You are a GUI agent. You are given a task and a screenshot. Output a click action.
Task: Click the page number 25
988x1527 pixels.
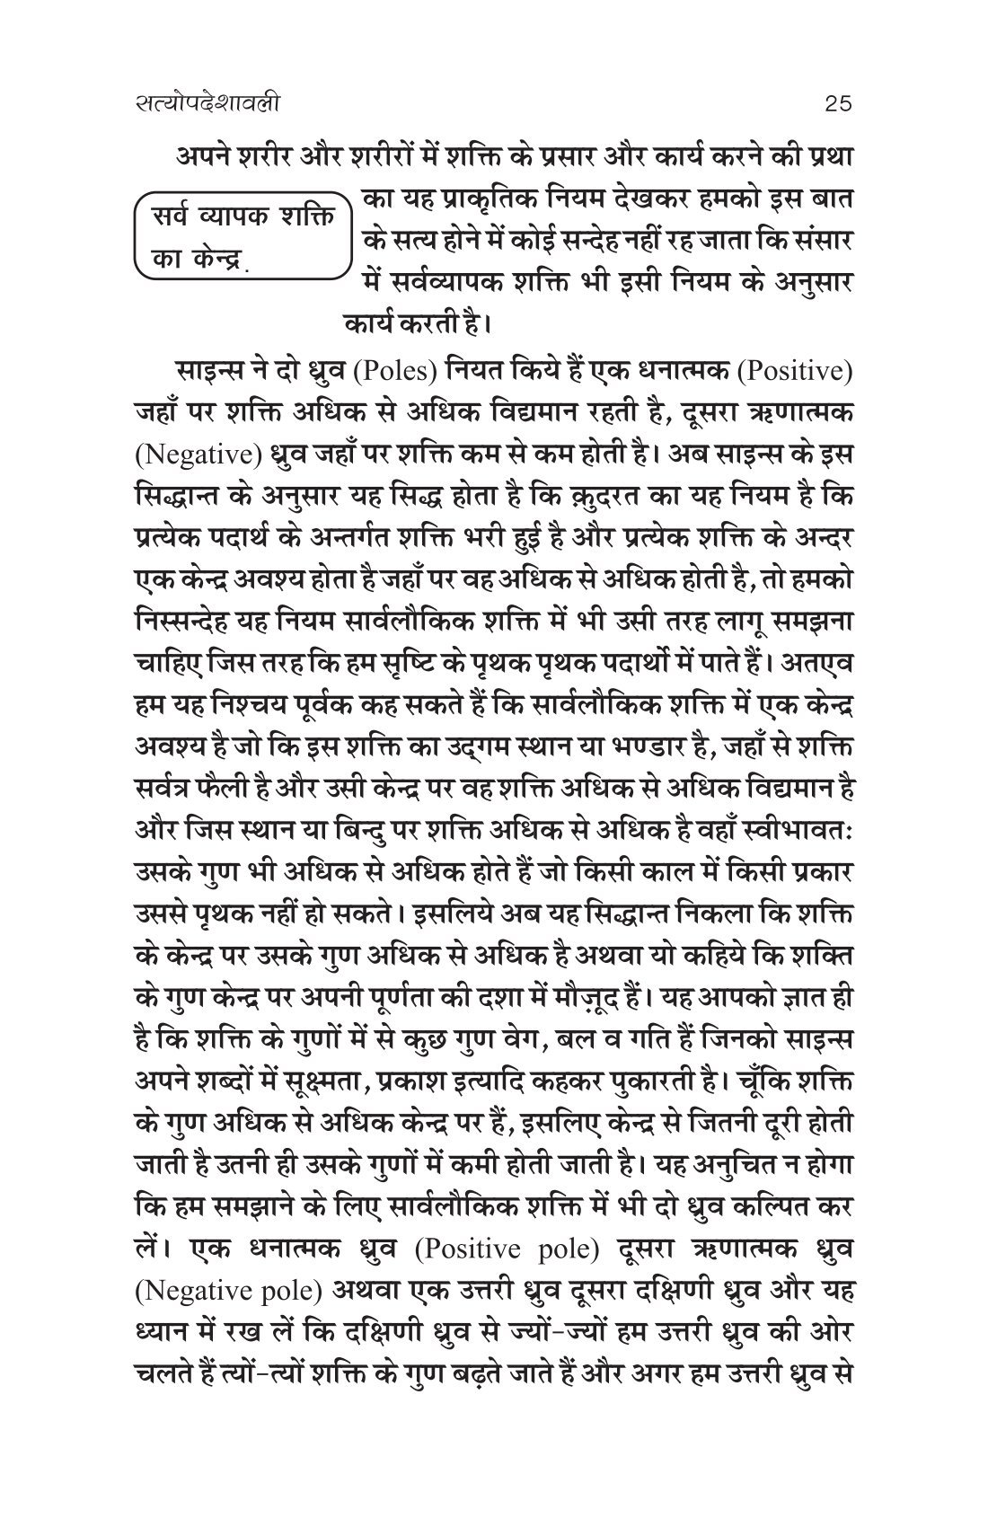point(837,104)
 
